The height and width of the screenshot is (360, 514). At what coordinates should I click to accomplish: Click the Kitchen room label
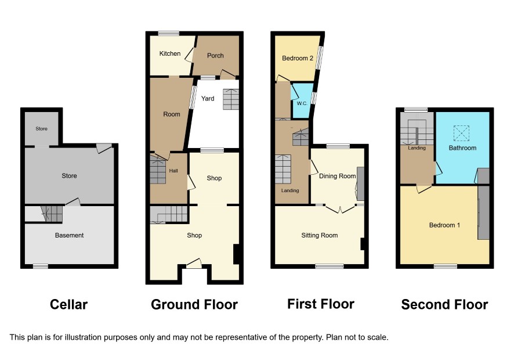(170, 53)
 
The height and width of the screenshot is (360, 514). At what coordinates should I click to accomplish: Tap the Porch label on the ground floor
(215, 56)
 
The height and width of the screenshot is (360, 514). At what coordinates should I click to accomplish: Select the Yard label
(208, 98)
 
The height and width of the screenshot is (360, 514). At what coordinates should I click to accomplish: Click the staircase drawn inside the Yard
(231, 99)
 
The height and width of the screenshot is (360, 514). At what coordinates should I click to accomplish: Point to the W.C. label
(302, 103)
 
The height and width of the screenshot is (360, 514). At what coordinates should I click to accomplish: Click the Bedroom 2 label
(298, 58)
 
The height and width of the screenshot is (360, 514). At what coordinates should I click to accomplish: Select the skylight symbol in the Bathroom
(461, 133)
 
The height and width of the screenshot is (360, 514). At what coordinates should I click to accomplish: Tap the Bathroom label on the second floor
(462, 147)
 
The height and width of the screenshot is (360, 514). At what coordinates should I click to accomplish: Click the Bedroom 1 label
(444, 225)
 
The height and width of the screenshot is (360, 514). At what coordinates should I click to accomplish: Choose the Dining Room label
(337, 176)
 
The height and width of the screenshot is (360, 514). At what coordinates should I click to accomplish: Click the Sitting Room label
(319, 235)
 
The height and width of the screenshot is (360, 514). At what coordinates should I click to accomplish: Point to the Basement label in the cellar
(69, 235)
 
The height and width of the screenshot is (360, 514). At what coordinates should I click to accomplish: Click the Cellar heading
(68, 304)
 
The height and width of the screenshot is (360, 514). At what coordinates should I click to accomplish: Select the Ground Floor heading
(194, 304)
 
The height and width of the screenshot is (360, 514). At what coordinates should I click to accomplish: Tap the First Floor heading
(321, 304)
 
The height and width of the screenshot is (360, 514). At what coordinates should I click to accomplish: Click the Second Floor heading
(444, 304)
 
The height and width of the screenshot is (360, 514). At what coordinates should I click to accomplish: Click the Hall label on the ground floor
(173, 171)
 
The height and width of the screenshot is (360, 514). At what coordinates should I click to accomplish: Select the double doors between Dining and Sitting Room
(340, 209)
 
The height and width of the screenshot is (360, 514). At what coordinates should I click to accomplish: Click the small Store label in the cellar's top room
(41, 129)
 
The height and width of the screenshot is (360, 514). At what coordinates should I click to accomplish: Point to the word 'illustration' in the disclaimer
(84, 337)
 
